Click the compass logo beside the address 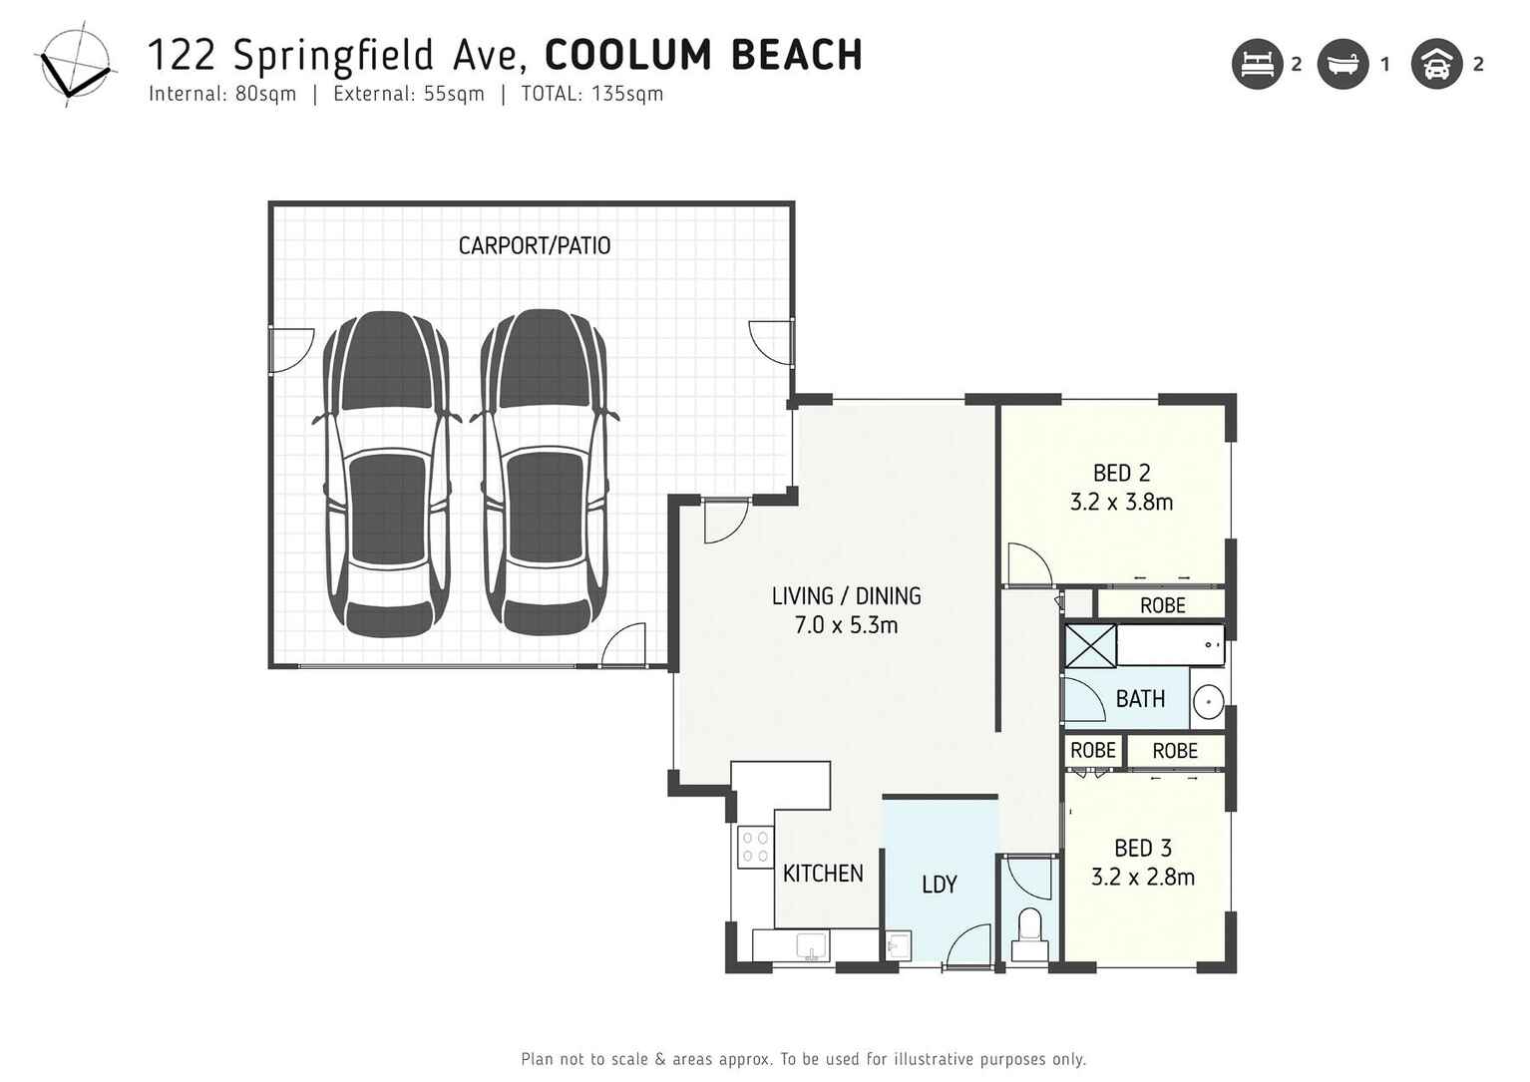point(73,65)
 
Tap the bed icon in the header point(1257,65)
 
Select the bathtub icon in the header point(1342,65)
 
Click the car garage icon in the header point(1436,65)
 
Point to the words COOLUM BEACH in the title point(703,56)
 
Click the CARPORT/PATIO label point(534,245)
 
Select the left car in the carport point(387,474)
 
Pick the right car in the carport point(545,474)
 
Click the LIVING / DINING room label point(846,596)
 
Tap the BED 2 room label point(1121,473)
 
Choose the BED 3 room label point(1142,849)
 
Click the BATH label point(1140,699)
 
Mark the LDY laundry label point(939,885)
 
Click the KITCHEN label point(823,874)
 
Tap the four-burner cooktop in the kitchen point(755,847)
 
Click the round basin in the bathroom point(1208,702)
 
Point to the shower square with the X point(1090,646)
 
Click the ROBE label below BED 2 point(1162,605)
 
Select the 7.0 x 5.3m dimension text point(846,625)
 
